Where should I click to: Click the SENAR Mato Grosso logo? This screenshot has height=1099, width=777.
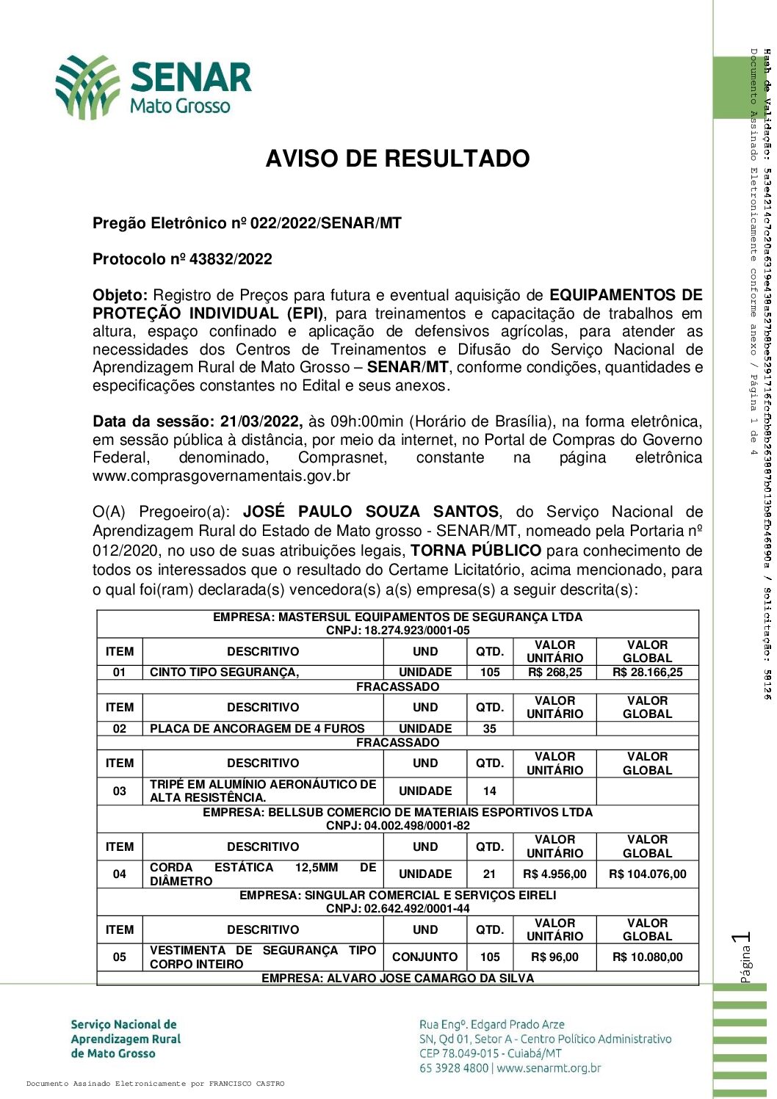[153, 87]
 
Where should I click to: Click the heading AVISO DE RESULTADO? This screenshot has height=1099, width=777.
[397, 159]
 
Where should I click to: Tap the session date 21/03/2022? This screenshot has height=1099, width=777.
[261, 421]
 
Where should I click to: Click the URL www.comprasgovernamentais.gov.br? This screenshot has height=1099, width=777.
[221, 476]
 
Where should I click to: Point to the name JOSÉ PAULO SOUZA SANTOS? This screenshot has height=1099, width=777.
[371, 512]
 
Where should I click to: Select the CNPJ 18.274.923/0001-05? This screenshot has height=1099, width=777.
[397, 631]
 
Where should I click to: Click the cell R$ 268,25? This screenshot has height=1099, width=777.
[554, 672]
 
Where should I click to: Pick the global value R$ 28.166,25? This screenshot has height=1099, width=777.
[647, 672]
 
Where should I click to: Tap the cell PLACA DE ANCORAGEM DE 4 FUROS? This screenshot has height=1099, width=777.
[257, 728]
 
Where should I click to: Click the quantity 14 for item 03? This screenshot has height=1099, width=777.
[489, 791]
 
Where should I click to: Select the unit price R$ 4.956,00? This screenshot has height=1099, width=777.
[554, 874]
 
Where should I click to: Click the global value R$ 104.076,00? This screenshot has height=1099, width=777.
[647, 874]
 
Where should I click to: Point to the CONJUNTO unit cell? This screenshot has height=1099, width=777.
[424, 957]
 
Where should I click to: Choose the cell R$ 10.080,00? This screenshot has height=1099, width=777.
[647, 957]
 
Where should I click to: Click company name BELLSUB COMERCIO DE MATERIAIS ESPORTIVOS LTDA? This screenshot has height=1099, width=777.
[397, 812]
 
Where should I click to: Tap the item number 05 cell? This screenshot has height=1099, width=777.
[119, 957]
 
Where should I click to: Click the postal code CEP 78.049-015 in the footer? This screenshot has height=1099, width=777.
[462, 1053]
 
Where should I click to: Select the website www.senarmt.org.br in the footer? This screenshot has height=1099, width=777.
[549, 1068]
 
